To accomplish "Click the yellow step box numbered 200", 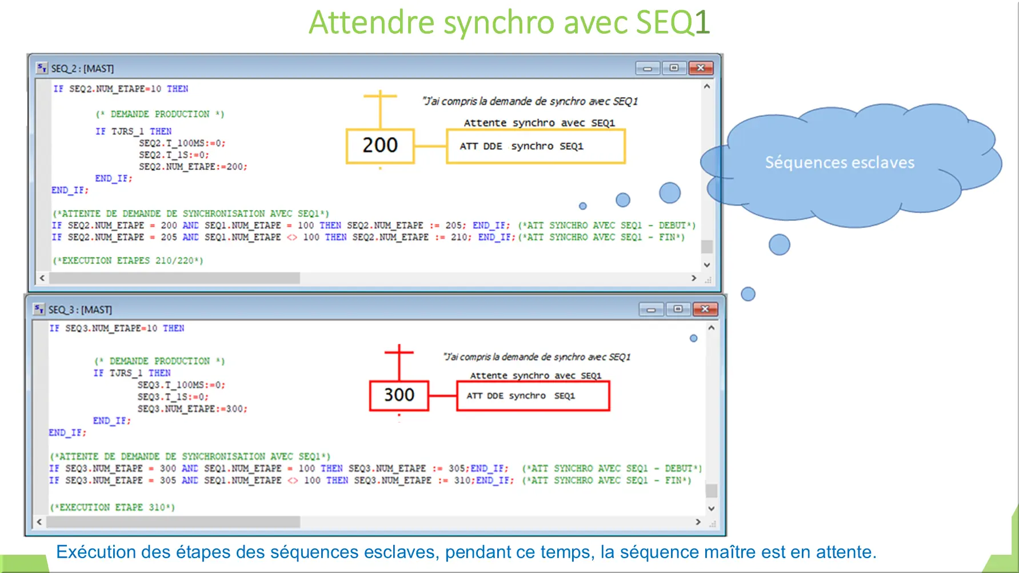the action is [x=380, y=146].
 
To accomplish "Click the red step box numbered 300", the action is [x=399, y=395].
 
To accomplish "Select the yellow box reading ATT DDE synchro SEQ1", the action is [x=536, y=146].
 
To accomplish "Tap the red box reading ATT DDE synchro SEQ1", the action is [x=533, y=396].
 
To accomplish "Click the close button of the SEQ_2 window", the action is [x=701, y=68].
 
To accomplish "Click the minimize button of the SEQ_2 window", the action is [x=648, y=69].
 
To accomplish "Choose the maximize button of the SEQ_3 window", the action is [x=678, y=309].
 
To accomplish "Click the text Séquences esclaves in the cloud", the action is [x=840, y=163].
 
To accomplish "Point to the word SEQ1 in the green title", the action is [x=673, y=22].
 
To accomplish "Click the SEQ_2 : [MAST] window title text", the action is [x=82, y=69].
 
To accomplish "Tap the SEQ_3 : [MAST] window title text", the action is [x=80, y=310].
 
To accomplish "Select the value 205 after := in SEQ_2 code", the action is [x=454, y=226].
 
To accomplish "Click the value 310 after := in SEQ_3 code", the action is [x=462, y=480].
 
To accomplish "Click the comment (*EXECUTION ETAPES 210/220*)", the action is [x=128, y=261].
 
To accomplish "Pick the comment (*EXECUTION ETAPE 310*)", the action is [x=113, y=507].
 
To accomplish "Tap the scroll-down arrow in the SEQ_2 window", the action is [x=707, y=265].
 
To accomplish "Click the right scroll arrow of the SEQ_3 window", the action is [x=698, y=522].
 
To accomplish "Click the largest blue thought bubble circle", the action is [x=670, y=193].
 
